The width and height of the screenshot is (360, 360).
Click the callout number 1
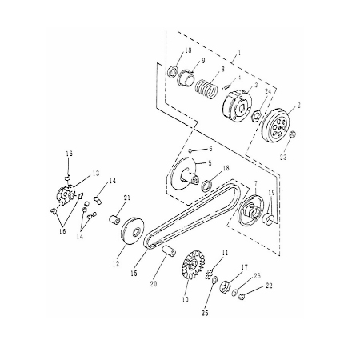pos(238,58)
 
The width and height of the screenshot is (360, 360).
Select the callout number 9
pos(203,61)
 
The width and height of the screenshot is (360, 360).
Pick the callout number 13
pos(94,173)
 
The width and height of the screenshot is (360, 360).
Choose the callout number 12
pos(116,260)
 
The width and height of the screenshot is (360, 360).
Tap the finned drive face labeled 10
pos(192,271)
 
